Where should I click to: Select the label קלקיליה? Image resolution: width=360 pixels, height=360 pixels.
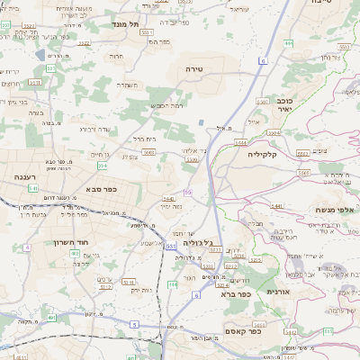[x=268, y=154]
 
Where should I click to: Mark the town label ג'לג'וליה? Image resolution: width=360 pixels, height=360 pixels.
[x=197, y=242]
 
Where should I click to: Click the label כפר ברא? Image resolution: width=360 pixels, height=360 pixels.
[x=246, y=292]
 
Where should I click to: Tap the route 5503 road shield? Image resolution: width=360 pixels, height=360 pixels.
[x=148, y=153]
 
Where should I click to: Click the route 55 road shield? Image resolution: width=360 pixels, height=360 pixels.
[x=187, y=192]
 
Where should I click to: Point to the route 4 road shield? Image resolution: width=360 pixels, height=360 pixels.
[x=27, y=246]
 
